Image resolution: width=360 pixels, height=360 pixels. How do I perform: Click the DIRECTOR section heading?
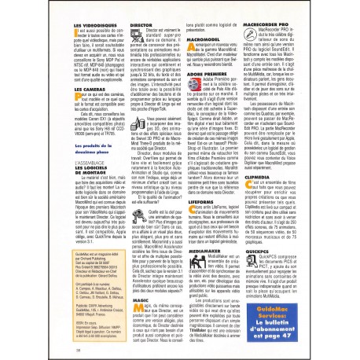(x=140, y=24)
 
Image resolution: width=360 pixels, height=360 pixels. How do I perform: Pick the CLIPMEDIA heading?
(x=265, y=178)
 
